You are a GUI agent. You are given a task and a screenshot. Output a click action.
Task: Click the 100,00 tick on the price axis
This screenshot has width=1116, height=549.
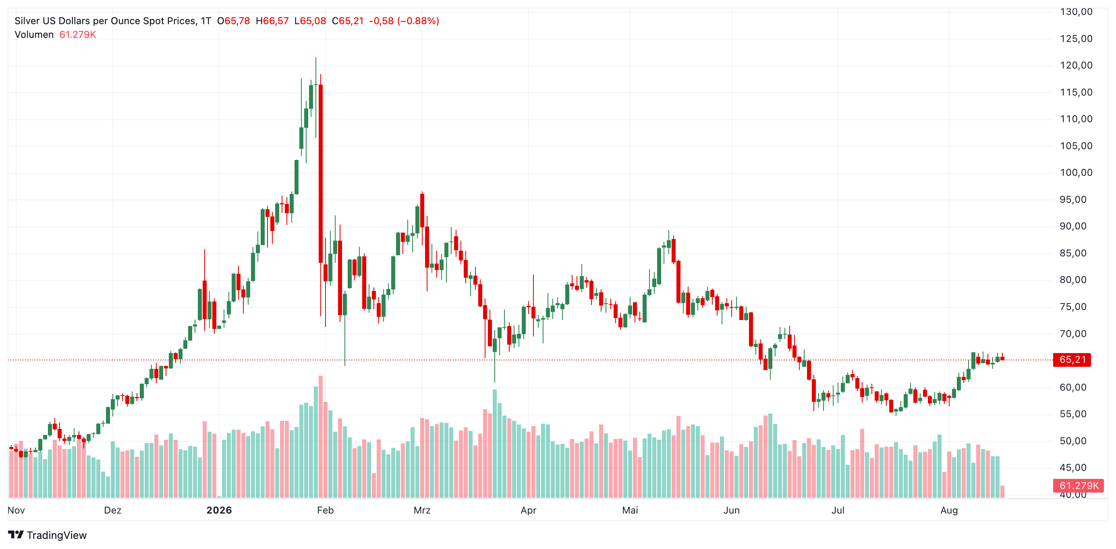coord(1076,173)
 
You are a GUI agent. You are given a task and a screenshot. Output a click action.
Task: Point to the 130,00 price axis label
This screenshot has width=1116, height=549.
coord(1076,12)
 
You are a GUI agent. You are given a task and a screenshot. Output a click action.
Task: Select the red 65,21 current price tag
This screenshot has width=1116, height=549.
coord(1072,360)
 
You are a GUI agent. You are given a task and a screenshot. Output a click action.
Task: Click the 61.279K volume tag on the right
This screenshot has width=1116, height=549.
coord(1078,485)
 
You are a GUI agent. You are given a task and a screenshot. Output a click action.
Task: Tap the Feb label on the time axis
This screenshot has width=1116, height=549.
coord(326,510)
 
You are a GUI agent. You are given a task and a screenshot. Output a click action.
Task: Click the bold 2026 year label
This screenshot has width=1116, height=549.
coord(219,510)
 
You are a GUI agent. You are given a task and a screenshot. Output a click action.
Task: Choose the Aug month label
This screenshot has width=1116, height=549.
coord(949,510)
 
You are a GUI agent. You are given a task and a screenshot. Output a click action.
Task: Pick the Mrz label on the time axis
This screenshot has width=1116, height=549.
coord(422,510)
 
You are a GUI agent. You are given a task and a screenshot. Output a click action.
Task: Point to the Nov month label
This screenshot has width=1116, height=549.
coord(17,510)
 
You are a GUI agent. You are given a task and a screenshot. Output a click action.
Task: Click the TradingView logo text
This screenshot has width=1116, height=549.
coord(56,535)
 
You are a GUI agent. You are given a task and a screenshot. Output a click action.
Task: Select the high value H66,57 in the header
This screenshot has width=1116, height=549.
coord(272,21)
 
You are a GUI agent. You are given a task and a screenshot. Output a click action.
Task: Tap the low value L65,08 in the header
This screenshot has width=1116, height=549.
coord(310,21)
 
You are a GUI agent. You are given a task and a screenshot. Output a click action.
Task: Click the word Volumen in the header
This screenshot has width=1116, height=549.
coord(34,35)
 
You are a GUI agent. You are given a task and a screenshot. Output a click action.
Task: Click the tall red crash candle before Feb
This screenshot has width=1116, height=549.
coord(321,174)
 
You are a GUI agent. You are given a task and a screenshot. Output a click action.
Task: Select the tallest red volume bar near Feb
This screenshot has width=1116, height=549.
coord(321,437)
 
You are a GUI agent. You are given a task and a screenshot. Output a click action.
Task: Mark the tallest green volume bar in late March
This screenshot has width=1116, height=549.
coord(495,443)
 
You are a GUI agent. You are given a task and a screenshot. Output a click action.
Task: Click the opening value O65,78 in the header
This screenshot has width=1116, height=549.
coord(234,21)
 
